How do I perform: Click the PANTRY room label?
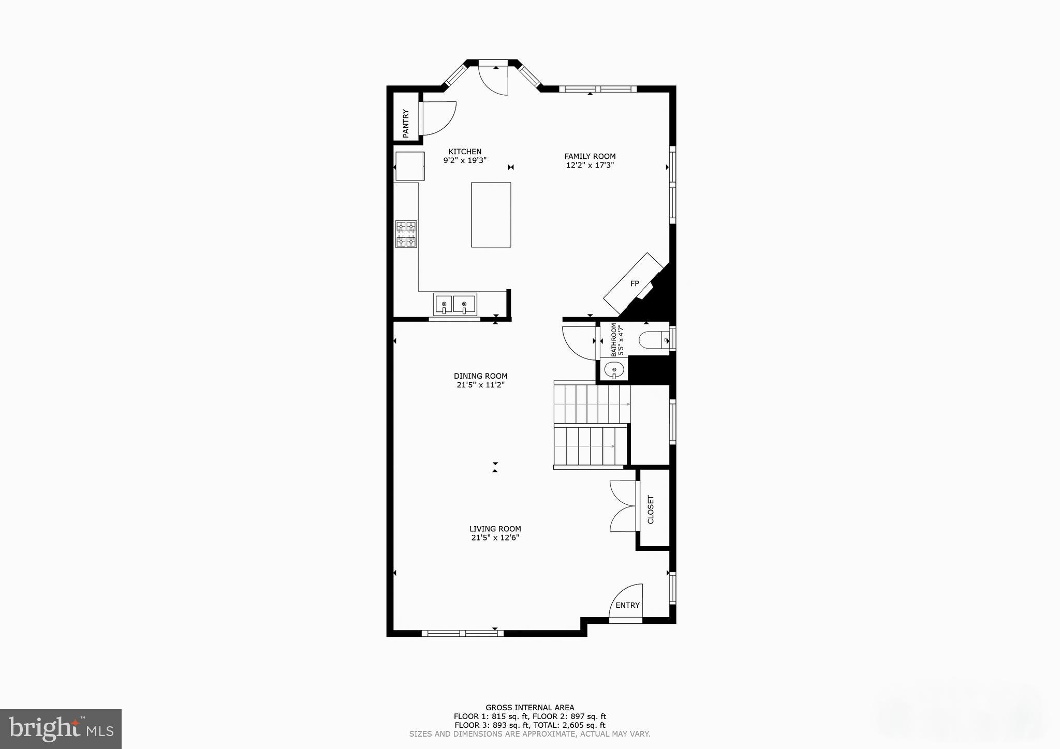pyautogui.click(x=406, y=123)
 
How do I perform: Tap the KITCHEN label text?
pyautogui.click(x=465, y=152)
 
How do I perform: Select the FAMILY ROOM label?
pyautogui.click(x=590, y=156)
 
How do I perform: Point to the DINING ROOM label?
pyautogui.click(x=480, y=376)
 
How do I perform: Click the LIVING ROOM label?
pyautogui.click(x=495, y=529)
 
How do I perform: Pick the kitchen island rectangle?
pyautogui.click(x=491, y=215)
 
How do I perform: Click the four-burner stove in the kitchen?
pyautogui.click(x=406, y=234)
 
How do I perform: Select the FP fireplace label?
pyautogui.click(x=635, y=283)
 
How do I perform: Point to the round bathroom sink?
pyautogui.click(x=614, y=370)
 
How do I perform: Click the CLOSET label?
pyautogui.click(x=651, y=510)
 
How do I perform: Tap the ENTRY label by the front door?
pyautogui.click(x=627, y=605)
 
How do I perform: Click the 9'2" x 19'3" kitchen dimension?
pyautogui.click(x=465, y=161)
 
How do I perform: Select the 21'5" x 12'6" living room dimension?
pyautogui.click(x=495, y=538)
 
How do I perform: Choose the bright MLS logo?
pyautogui.click(x=61, y=729)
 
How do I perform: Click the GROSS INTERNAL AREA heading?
pyautogui.click(x=529, y=708)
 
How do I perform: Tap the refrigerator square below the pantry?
pyautogui.click(x=409, y=166)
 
